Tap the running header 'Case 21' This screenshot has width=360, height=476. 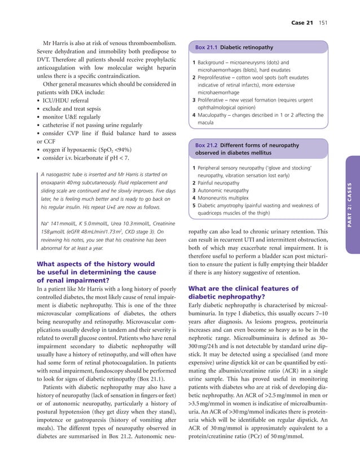click(301, 23)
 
